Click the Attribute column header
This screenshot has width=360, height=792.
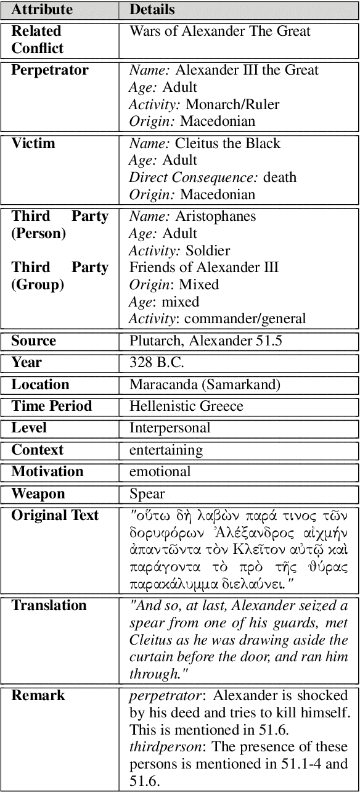[41, 10]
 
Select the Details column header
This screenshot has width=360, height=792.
[152, 10]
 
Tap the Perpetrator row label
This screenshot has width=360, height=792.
[50, 70]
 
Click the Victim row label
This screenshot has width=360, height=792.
[33, 144]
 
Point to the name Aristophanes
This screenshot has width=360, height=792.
[216, 217]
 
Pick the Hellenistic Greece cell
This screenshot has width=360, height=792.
[186, 406]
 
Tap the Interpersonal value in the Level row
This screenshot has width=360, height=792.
[170, 428]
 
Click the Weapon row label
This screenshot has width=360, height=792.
[38, 494]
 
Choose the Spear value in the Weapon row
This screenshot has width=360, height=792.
[147, 494]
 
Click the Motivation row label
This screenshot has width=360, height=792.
[47, 472]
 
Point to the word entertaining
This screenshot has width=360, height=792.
[166, 450]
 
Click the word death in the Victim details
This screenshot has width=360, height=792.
[280, 178]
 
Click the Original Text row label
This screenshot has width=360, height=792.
[55, 516]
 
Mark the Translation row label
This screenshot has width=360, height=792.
[49, 606]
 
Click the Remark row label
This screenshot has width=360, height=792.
[38, 696]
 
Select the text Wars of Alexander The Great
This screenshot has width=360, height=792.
[220, 31]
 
